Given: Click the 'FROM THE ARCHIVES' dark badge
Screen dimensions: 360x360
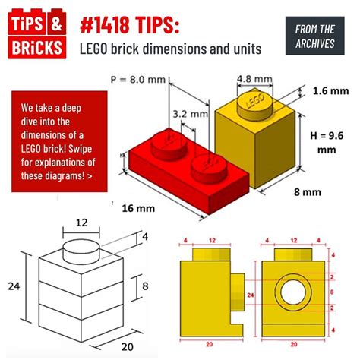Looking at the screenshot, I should point(314,36).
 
